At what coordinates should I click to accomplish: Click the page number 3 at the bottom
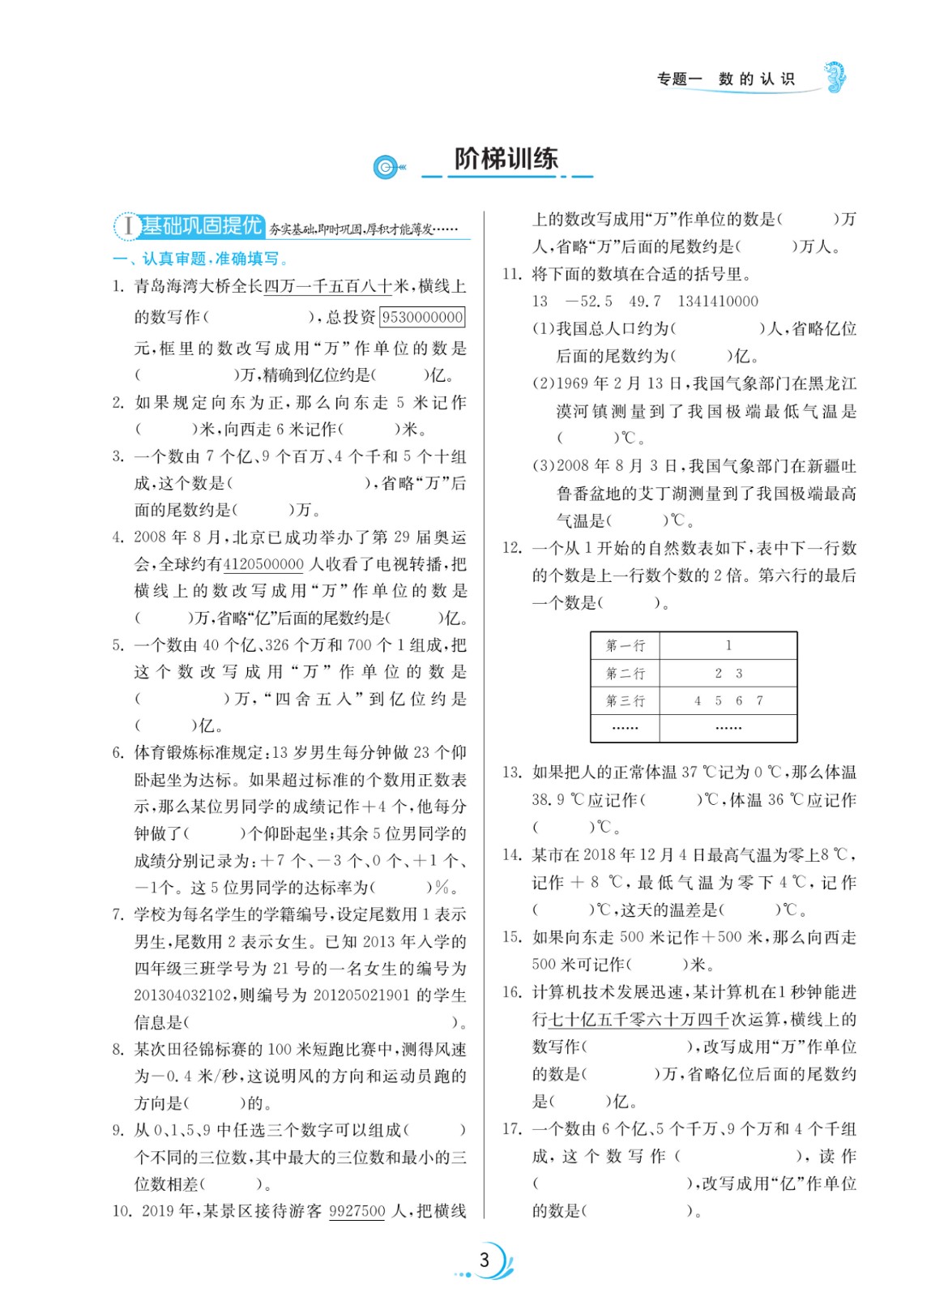[x=485, y=1260]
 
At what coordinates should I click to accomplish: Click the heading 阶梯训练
[x=506, y=159]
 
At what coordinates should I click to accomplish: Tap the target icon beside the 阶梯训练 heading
[x=388, y=167]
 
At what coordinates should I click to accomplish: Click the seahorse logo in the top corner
[x=835, y=78]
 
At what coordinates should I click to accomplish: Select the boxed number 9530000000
[x=422, y=317]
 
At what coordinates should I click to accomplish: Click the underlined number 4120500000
[x=263, y=564]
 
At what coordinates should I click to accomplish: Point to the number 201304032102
[x=183, y=995]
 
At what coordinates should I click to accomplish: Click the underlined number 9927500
[x=357, y=1211]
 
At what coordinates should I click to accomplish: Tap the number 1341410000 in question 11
[x=718, y=302]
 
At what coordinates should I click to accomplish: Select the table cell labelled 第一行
[x=626, y=646]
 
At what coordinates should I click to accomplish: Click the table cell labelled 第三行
[x=626, y=701]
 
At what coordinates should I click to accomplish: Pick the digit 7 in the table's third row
[x=759, y=701]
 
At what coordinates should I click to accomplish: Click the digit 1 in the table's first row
[x=728, y=646]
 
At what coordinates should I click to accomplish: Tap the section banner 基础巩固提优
[x=203, y=225]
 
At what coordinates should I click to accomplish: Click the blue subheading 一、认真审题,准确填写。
[x=202, y=259]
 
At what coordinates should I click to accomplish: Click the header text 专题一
[x=679, y=79]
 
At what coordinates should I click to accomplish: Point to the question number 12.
[x=511, y=548]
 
